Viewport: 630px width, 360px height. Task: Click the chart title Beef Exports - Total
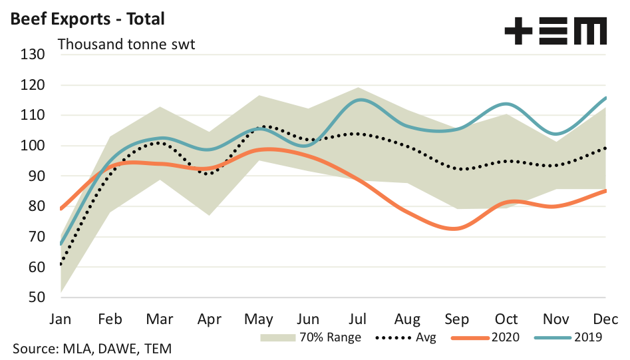(86, 19)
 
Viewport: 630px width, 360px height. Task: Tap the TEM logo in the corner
(555, 31)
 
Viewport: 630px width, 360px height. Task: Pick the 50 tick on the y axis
(35, 297)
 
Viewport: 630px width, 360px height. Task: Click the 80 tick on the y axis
(35, 206)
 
